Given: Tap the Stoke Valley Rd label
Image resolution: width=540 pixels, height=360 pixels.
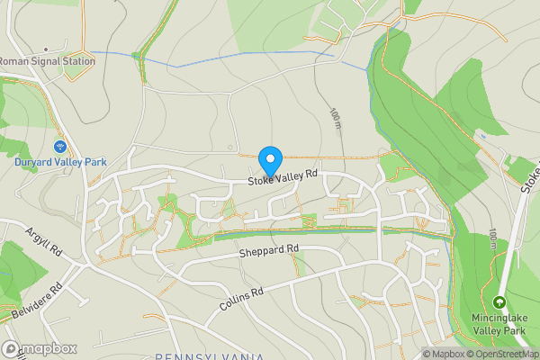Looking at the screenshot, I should [x=284, y=178].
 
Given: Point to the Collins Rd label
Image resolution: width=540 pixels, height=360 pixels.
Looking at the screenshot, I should [x=240, y=301].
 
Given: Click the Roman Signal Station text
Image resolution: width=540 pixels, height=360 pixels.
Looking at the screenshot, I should [x=46, y=62].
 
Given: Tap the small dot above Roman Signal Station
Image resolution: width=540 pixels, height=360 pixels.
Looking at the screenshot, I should [x=45, y=51].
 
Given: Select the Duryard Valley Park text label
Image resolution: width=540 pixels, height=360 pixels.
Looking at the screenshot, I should [x=60, y=162].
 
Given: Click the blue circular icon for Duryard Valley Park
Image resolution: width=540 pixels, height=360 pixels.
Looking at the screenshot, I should [x=60, y=146].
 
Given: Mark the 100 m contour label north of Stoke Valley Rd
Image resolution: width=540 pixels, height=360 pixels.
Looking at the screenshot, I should [x=335, y=118].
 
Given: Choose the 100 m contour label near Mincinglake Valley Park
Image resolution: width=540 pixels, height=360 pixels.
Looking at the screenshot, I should [x=491, y=238].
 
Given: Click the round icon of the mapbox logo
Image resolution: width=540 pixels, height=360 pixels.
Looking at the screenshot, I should [x=11, y=348].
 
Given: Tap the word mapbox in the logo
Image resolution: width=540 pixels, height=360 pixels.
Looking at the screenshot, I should [x=49, y=348].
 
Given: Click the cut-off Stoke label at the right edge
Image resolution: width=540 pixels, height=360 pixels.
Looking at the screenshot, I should [x=530, y=176].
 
